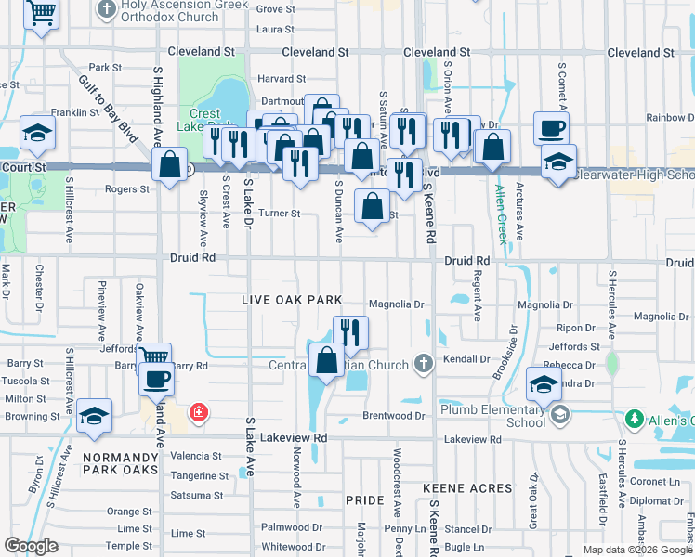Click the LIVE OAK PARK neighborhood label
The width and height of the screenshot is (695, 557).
[292, 300]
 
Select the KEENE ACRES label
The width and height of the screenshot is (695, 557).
[467, 487]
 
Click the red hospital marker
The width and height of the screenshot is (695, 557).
[197, 411]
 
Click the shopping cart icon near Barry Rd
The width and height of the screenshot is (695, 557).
[153, 356]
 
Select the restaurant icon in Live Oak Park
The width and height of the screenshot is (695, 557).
[350, 331]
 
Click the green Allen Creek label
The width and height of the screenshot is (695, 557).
[502, 214]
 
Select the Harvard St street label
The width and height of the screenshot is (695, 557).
[282, 79]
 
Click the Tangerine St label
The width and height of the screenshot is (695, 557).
[199, 475]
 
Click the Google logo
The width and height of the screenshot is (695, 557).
[31, 546]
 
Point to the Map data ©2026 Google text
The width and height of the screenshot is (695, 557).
[636, 550]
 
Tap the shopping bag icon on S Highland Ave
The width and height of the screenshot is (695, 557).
[169, 166]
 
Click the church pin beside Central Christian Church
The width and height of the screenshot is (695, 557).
[424, 363]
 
